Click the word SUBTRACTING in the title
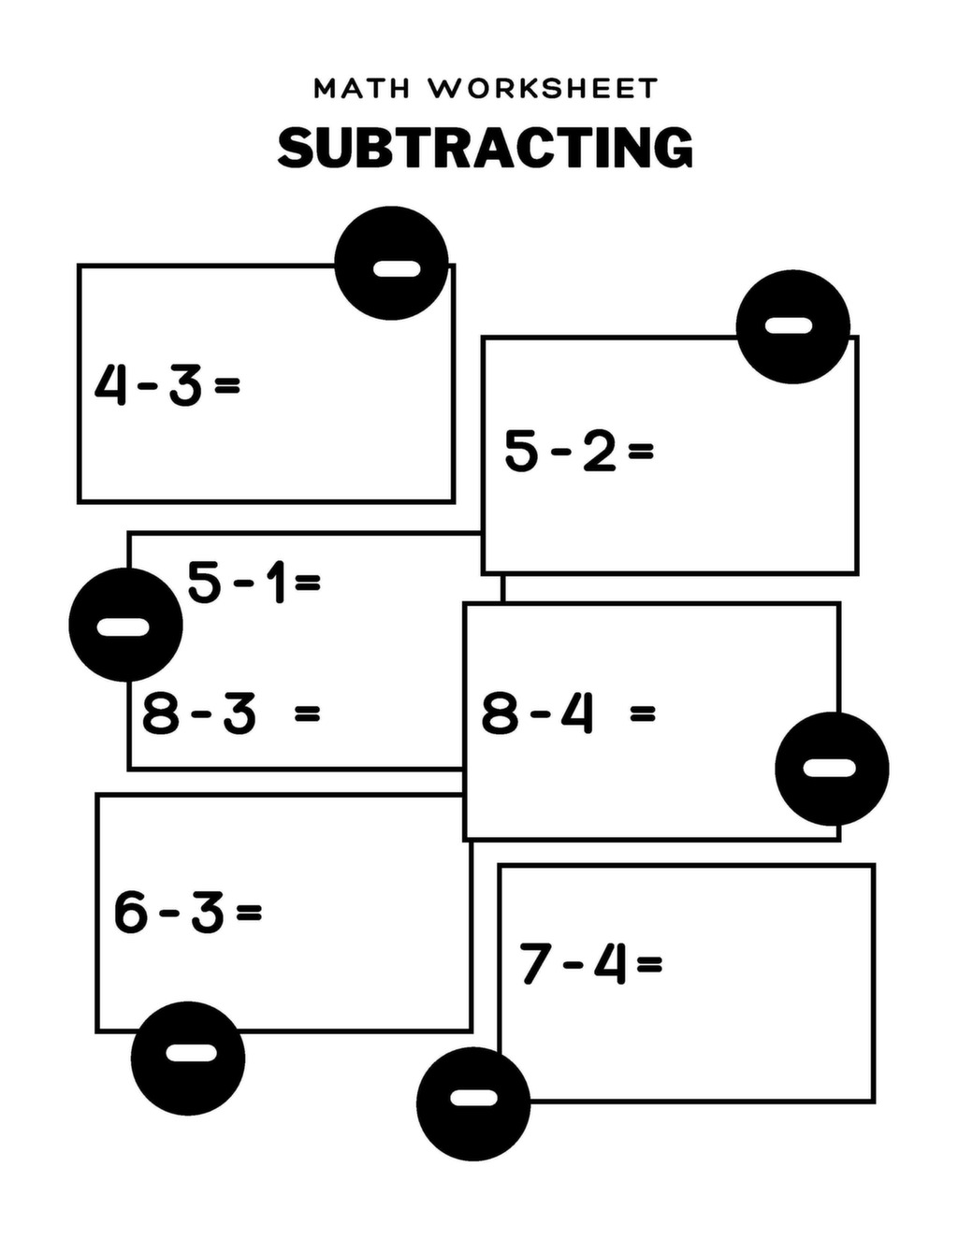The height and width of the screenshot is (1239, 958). coord(486,148)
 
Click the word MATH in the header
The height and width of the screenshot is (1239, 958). coord(361,89)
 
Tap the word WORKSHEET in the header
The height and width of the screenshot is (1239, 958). coord(544,89)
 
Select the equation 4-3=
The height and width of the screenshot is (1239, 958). coord(167,384)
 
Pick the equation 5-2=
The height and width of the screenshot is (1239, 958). coord(578,451)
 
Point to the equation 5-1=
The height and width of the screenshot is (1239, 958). coord(254,582)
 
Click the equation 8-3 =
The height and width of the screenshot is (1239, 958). coord(230,713)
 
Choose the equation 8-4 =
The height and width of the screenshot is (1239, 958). coord(568,713)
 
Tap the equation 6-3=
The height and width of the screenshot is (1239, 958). coord(187,912)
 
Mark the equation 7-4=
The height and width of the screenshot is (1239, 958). coord(590,963)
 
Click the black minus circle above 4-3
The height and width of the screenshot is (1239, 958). coord(391,263)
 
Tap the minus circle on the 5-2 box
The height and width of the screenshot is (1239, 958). coord(792,326)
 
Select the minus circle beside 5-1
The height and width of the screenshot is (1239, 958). coord(125,625)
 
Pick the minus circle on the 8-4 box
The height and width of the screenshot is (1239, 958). coord(832,769)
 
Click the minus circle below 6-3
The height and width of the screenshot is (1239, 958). coord(188,1059)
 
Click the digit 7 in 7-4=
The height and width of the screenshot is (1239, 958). coord(534,964)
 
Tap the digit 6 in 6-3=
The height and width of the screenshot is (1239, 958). coord(131,912)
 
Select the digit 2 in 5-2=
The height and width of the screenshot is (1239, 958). coord(599,451)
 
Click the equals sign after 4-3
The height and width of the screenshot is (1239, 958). coord(227,384)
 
